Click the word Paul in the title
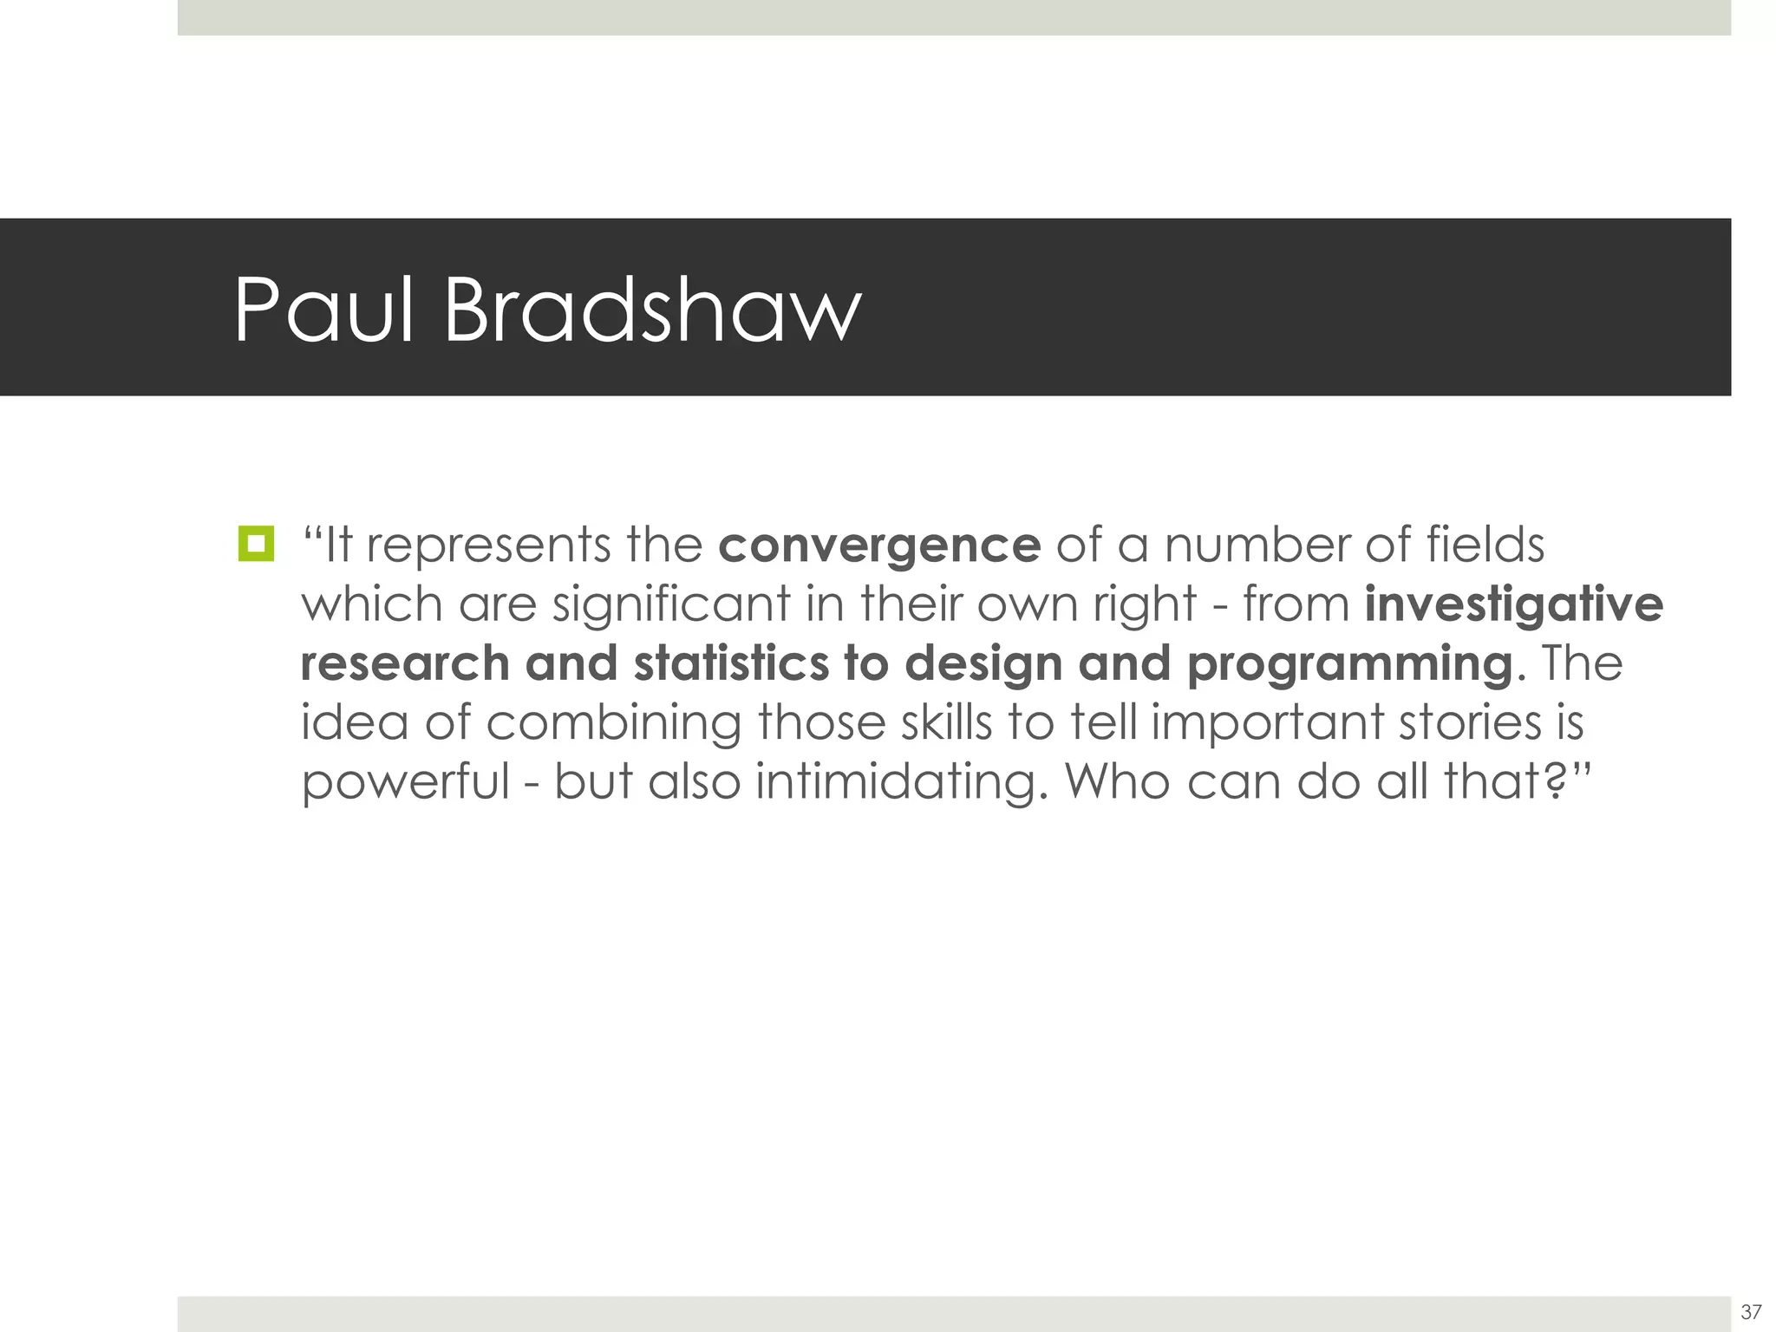click(x=323, y=310)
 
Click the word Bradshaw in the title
click(x=652, y=310)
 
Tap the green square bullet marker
click(x=256, y=544)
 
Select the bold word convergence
click(x=879, y=545)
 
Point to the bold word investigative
click(x=1513, y=604)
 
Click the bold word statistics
click(x=731, y=663)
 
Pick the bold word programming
click(x=1349, y=665)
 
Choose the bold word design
click(x=983, y=665)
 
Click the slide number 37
click(x=1751, y=1310)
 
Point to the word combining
click(x=613, y=723)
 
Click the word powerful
click(x=405, y=782)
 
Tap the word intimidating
click(x=896, y=782)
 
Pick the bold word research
click(x=405, y=663)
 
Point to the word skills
click(x=946, y=722)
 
